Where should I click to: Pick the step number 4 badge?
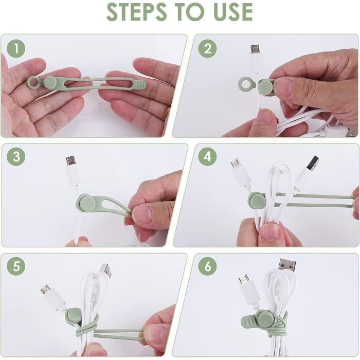click(x=207, y=157)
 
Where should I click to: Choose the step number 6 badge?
click(x=207, y=266)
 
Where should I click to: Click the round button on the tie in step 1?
click(x=50, y=82)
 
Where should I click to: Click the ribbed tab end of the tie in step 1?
click(x=138, y=84)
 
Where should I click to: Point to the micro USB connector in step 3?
click(x=71, y=161)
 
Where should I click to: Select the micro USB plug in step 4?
click(x=236, y=164)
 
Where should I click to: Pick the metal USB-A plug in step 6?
click(x=286, y=265)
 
